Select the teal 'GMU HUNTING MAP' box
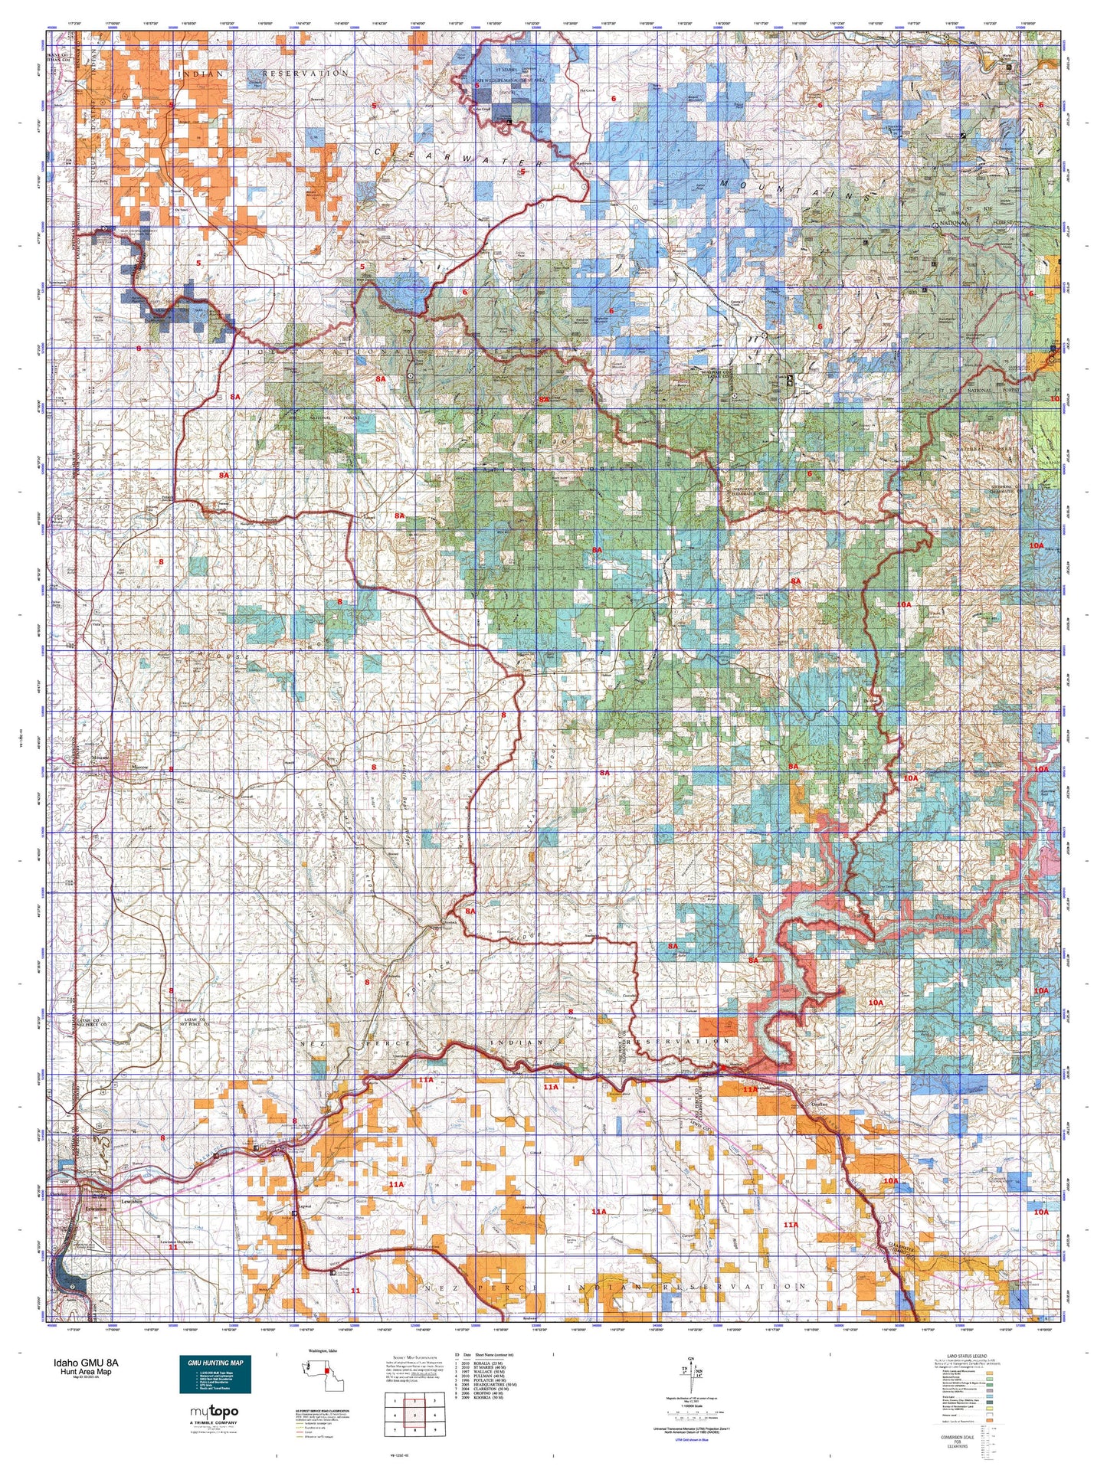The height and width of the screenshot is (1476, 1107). pos(215,1375)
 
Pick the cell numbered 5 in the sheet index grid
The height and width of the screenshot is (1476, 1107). pos(414,1415)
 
